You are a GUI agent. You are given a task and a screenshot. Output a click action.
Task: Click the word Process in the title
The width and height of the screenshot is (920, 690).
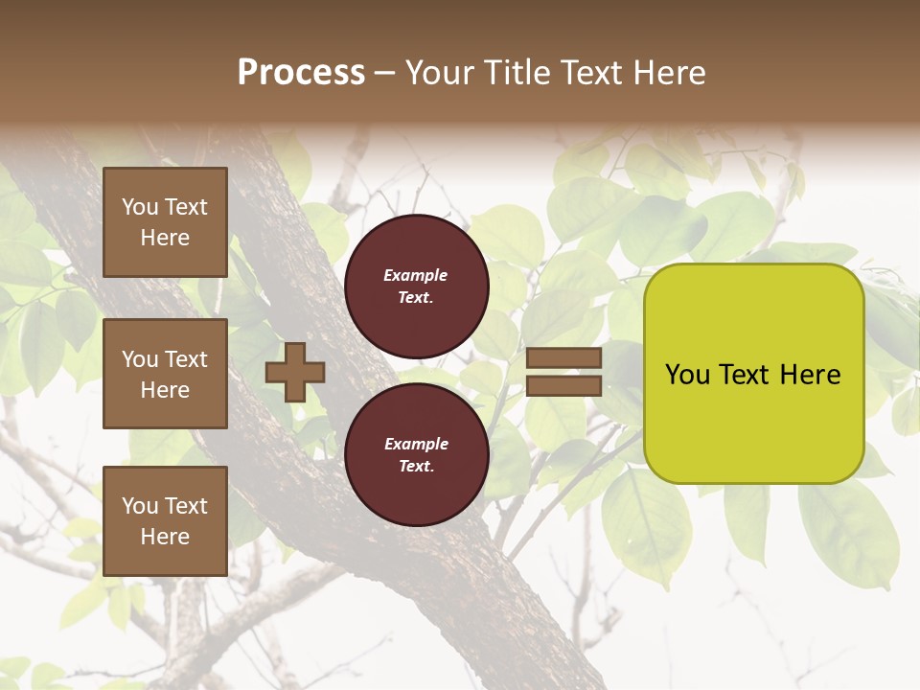pyautogui.click(x=301, y=73)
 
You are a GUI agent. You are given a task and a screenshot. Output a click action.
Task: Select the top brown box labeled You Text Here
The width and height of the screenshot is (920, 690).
pyautogui.click(x=165, y=222)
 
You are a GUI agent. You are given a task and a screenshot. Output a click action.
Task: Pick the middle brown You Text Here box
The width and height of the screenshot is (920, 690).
pyautogui.click(x=165, y=374)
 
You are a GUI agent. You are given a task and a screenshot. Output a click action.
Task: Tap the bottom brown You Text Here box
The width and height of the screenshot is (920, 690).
pyautogui.click(x=165, y=520)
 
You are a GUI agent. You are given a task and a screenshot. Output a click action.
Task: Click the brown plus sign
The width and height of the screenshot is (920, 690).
pyautogui.click(x=295, y=372)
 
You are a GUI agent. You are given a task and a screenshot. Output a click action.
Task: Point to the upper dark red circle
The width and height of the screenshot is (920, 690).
pyautogui.click(x=416, y=286)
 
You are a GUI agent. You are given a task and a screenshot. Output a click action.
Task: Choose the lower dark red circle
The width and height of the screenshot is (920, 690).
pyautogui.click(x=416, y=454)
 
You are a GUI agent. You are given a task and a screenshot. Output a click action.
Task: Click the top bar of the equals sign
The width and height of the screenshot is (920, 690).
pyautogui.click(x=563, y=358)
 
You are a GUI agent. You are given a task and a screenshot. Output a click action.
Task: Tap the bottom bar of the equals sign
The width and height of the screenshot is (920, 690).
pyautogui.click(x=563, y=385)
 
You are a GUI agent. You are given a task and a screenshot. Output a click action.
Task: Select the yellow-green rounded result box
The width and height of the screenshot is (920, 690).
pyautogui.click(x=753, y=374)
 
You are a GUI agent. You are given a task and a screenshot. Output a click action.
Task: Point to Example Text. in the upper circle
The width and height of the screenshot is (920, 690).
pyautogui.click(x=416, y=286)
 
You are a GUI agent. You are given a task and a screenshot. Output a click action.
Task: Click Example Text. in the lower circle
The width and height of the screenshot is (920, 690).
pyautogui.click(x=416, y=454)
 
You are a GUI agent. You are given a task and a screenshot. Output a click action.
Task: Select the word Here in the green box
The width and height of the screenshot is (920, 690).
pyautogui.click(x=811, y=375)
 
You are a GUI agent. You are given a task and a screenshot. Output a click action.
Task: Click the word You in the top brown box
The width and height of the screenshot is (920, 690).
pyautogui.click(x=139, y=207)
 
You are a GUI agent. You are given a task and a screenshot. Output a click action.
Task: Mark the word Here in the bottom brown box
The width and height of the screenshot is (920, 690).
pyautogui.click(x=165, y=537)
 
